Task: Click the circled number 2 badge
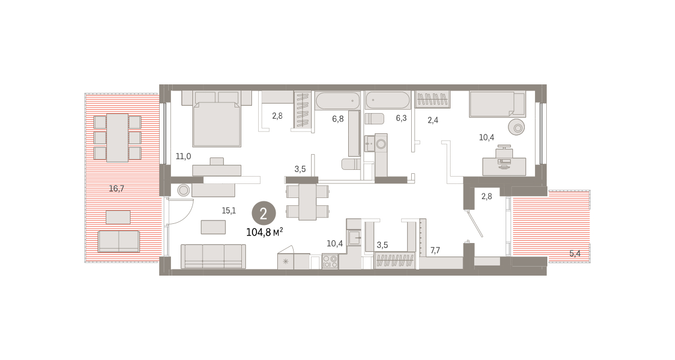pos(264,213)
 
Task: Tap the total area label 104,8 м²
pos(264,232)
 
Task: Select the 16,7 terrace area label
pos(116,188)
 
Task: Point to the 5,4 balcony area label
pos(575,254)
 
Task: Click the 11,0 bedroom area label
pos(183,156)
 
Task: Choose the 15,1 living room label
pos(229,210)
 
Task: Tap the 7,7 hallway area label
pos(435,250)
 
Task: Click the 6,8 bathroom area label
pos(338,119)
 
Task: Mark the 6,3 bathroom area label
pos(401,118)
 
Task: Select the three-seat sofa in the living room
pos(213,256)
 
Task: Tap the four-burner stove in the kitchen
pos(330,262)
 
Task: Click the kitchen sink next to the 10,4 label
pos(354,237)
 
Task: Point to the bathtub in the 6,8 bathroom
pos(338,101)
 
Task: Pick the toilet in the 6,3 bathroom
pos(374,119)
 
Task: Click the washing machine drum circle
pos(381,144)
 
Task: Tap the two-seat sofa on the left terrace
pos(119,241)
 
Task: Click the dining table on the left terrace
pos(118,138)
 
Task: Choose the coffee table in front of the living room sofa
pos(213,227)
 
